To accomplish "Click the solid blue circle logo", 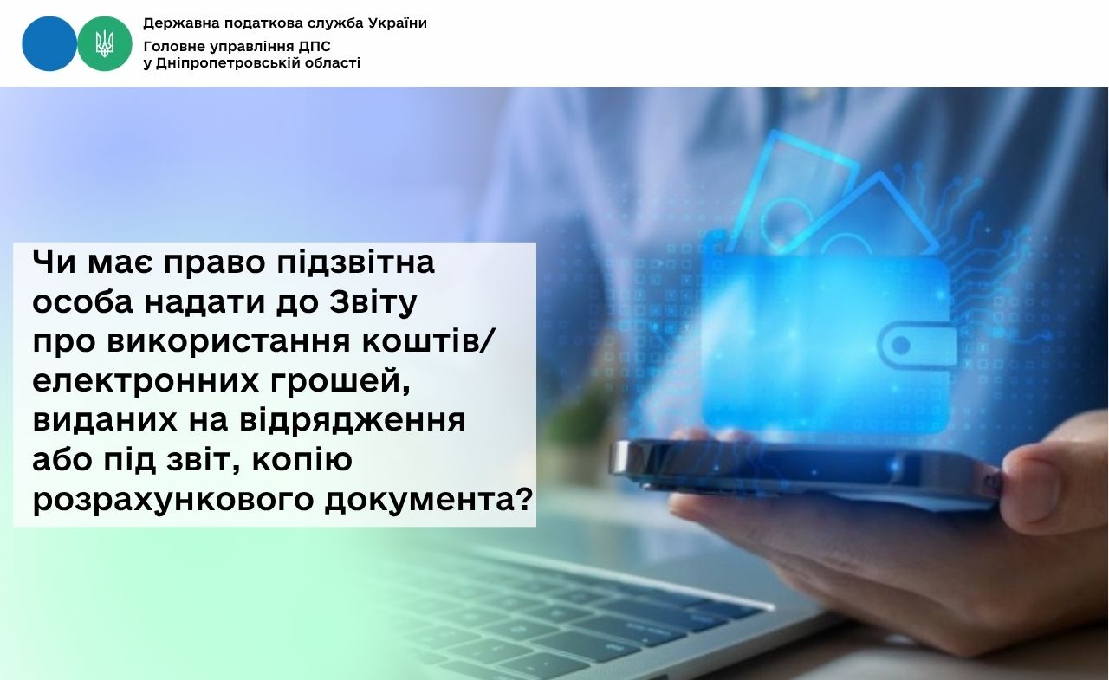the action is pyautogui.click(x=49, y=43).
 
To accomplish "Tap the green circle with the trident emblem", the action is pyautogui.click(x=105, y=43).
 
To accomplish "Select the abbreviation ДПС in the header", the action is pyautogui.click(x=315, y=47).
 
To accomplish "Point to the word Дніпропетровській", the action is pyautogui.click(x=233, y=63).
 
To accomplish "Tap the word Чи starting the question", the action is pyautogui.click(x=55, y=262).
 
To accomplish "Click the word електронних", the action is pyautogui.click(x=146, y=381).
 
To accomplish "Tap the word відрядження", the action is pyautogui.click(x=353, y=422).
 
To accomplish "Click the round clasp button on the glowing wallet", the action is pyautogui.click(x=901, y=345).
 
